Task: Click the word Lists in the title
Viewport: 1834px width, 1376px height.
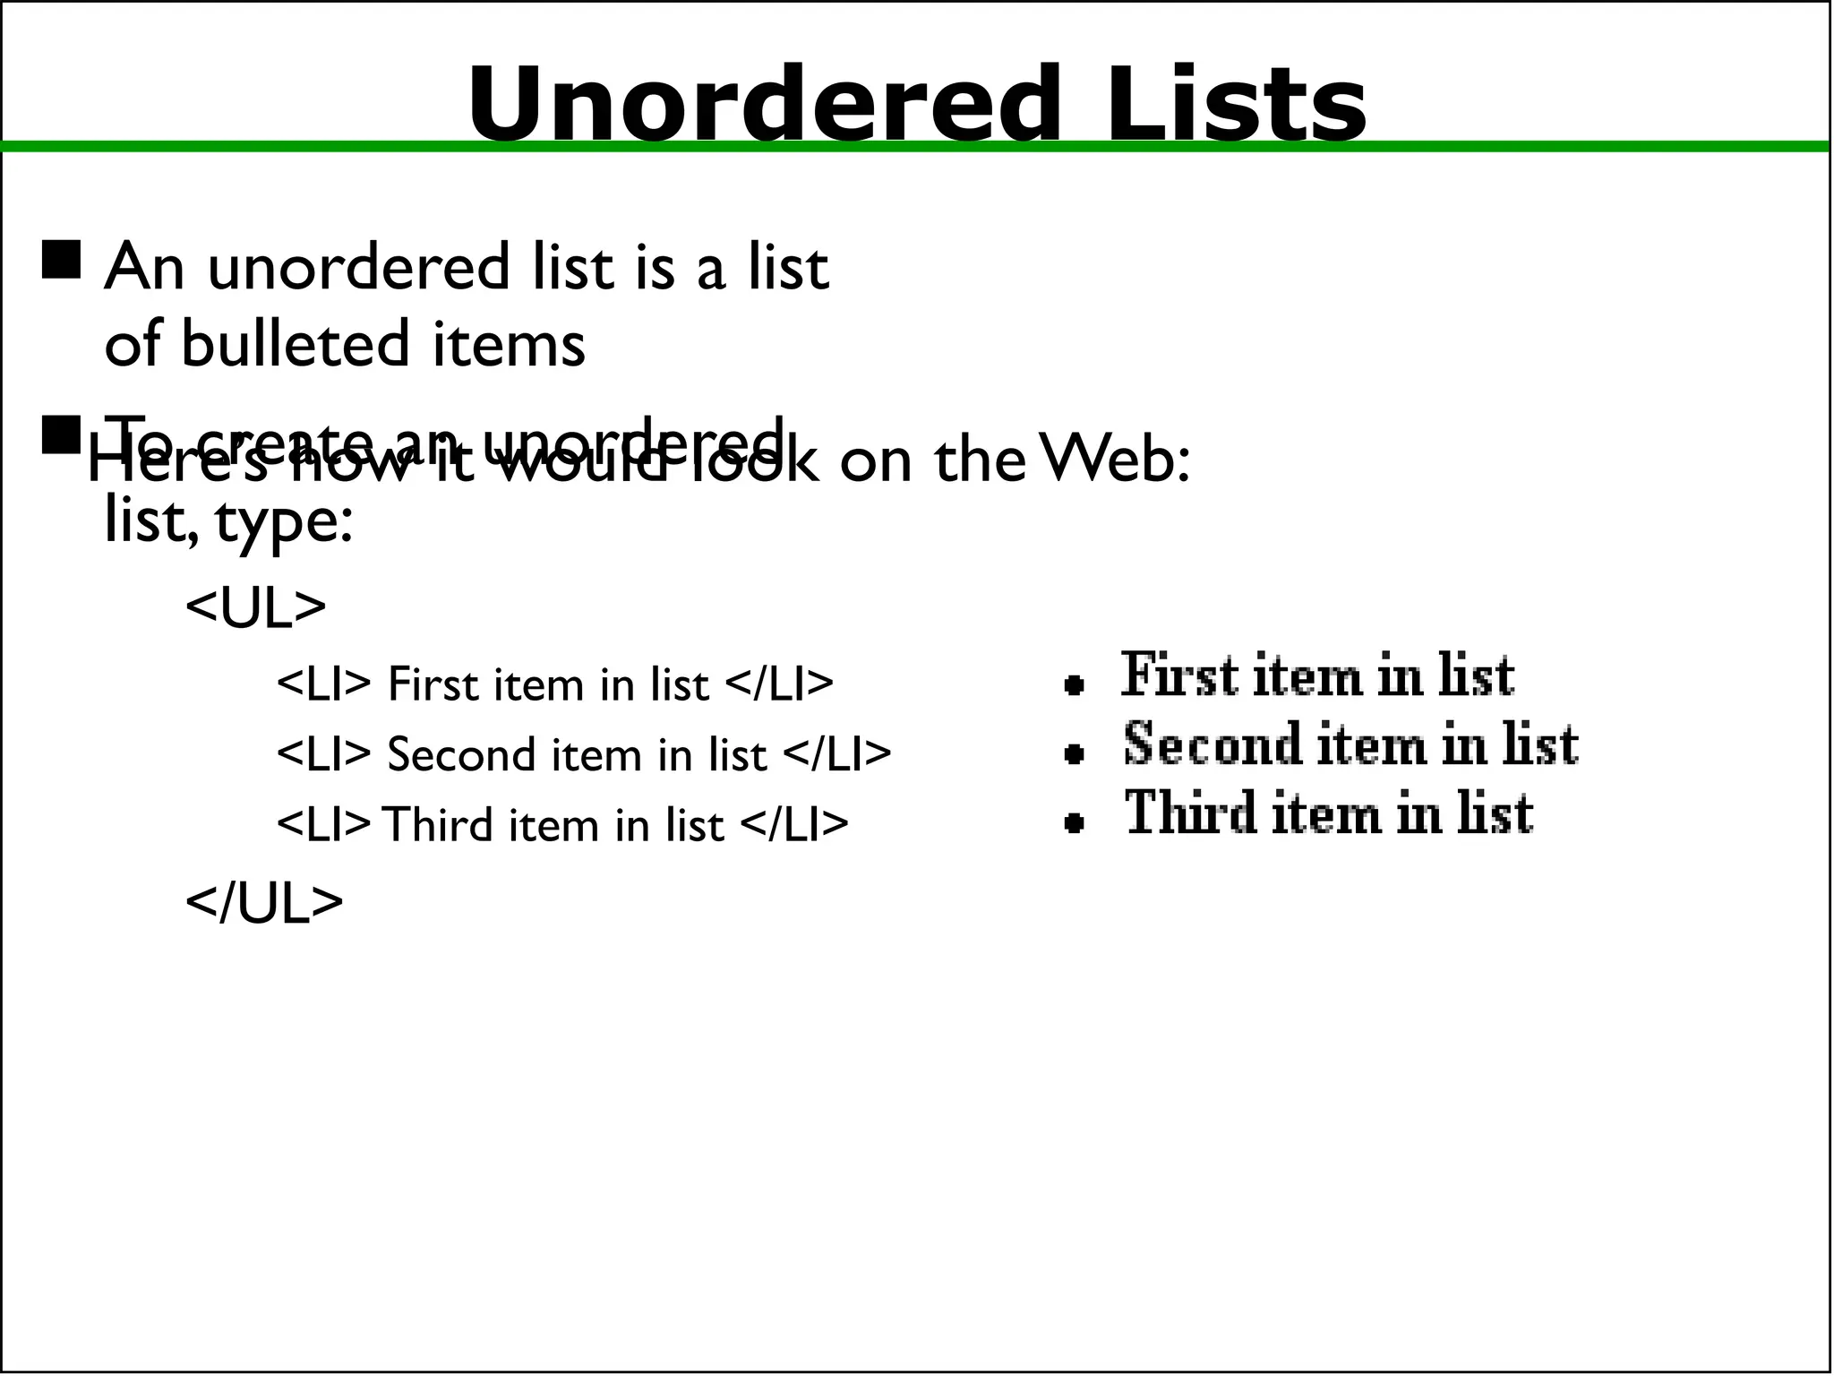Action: [1236, 104]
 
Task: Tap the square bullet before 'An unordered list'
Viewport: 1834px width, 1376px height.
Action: [61, 260]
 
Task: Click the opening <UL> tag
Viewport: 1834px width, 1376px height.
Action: [255, 607]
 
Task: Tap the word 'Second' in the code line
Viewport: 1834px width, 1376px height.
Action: [461, 754]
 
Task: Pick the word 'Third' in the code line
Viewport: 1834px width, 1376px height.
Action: [438, 824]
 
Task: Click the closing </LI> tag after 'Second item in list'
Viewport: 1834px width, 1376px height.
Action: [837, 754]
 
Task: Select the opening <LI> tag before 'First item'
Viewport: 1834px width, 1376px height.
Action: [323, 684]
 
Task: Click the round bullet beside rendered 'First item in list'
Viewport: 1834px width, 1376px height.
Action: [1075, 685]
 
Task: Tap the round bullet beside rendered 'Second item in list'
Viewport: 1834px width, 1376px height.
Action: [1075, 754]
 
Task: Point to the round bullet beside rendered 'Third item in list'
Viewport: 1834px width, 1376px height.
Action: [1075, 822]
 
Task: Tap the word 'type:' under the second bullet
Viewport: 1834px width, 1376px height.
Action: [284, 521]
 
